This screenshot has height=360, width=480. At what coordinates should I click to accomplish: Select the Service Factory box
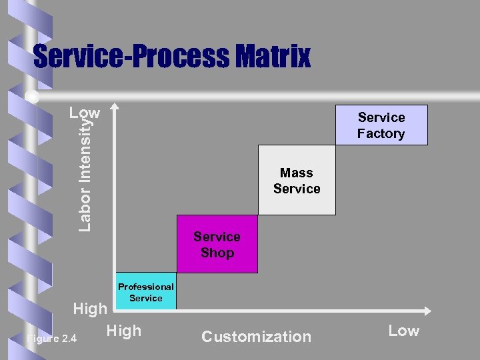point(381,125)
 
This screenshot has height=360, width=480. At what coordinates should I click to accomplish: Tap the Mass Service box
point(297,181)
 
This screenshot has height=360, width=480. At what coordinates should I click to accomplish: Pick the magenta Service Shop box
point(217,244)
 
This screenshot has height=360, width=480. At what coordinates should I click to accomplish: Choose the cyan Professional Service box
point(146,292)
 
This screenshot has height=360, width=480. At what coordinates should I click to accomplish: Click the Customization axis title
point(256,337)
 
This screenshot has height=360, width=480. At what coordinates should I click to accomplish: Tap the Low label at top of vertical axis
point(85,113)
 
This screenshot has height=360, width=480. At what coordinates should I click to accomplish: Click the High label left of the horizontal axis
point(89,309)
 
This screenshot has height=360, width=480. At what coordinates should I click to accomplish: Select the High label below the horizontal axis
point(123,331)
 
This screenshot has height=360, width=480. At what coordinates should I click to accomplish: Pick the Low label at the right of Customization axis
point(403,331)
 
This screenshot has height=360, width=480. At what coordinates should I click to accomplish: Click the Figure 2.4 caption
point(51,339)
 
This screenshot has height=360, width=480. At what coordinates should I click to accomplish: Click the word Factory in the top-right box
point(381,133)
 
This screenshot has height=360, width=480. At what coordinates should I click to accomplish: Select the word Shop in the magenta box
point(217,253)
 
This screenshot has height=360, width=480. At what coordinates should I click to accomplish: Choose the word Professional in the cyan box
point(146,287)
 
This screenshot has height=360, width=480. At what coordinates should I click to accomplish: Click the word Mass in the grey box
point(297,173)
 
